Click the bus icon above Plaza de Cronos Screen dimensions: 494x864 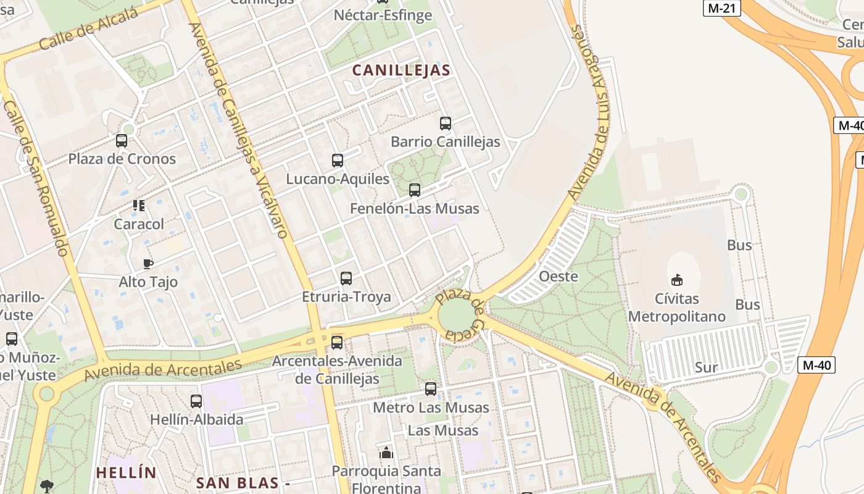click(122, 141)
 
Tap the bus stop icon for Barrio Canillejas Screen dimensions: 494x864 click(446, 124)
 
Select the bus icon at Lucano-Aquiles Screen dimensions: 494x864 click(338, 161)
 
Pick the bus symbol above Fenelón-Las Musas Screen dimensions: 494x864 click(415, 190)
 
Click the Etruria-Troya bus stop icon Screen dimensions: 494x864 click(346, 278)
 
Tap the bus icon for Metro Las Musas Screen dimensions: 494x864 click(431, 389)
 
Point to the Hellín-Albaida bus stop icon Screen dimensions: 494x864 click(196, 401)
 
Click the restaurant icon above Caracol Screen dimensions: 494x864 click(139, 206)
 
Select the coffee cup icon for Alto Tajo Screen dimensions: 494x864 click(148, 264)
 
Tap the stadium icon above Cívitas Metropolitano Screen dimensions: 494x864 click(677, 280)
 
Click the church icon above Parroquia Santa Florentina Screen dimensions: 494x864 click(387, 453)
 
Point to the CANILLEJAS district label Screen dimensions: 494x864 click(401, 70)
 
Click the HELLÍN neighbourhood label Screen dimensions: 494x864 click(126, 473)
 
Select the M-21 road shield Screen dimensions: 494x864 click(721, 8)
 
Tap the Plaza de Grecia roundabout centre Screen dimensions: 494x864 click(457, 316)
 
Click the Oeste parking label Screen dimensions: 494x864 click(559, 276)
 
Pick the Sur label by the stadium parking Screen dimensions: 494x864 click(706, 367)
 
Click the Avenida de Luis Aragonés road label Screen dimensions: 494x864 click(590, 111)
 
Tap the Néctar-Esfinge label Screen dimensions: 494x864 click(383, 15)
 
